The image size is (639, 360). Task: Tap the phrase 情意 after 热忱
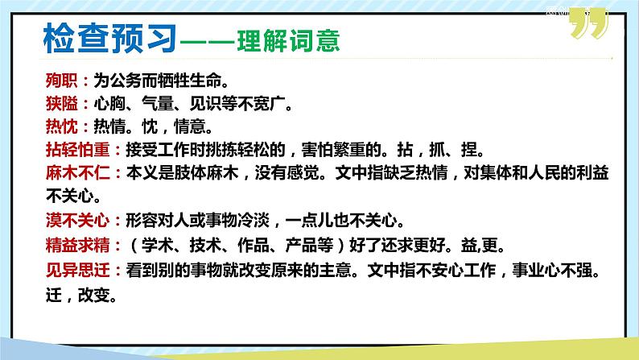(x=196, y=126)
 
